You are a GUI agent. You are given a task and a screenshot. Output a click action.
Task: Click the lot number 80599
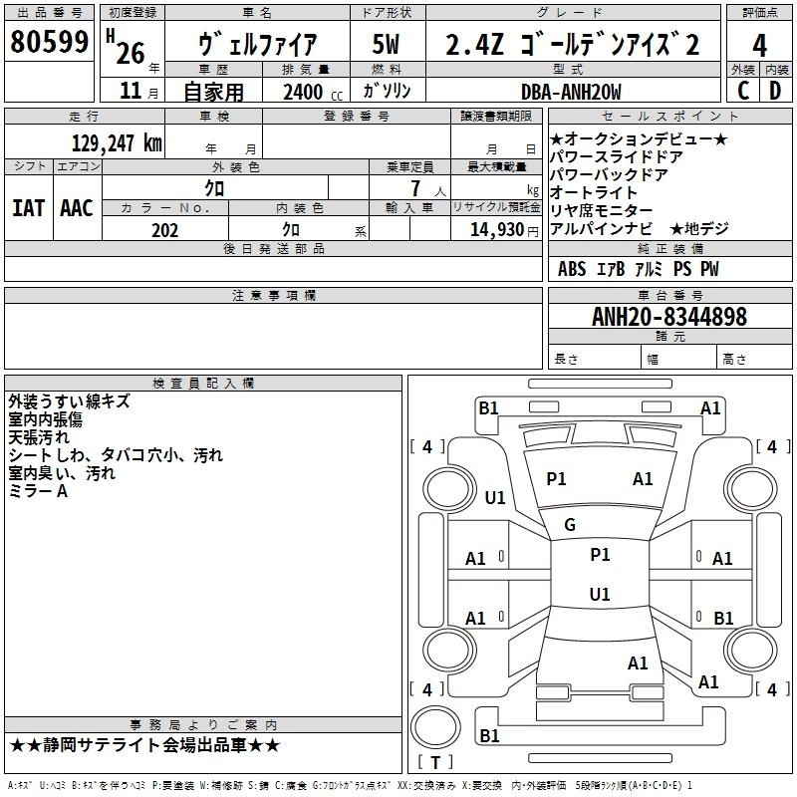[x=49, y=41]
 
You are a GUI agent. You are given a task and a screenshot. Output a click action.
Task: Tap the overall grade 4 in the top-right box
[x=759, y=45]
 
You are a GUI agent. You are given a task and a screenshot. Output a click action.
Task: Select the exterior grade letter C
[x=743, y=91]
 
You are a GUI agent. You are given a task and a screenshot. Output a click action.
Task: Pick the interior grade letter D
[x=775, y=91]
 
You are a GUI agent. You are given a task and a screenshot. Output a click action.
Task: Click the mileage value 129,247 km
[x=117, y=142]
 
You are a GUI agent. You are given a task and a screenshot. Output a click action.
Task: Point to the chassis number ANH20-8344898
[x=669, y=316]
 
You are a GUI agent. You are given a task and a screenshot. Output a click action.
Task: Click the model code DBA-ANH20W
[x=571, y=92]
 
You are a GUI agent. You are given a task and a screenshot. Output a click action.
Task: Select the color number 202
[x=164, y=230]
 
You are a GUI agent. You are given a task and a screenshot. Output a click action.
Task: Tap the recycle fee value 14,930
[x=496, y=229]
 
